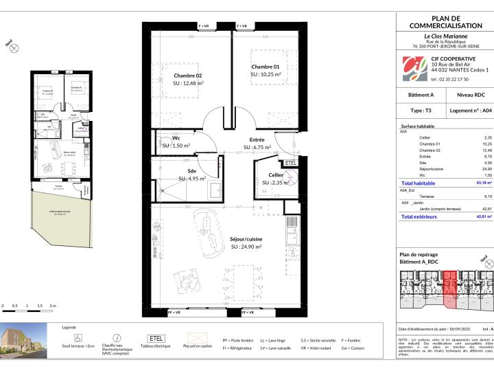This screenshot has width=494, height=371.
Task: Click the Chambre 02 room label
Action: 188,76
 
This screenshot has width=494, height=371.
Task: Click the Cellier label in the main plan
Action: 275,175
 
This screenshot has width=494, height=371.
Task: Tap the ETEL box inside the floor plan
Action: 290,163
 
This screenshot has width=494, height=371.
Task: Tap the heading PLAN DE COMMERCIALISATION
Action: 446,21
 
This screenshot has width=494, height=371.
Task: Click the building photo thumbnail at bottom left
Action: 22,341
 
